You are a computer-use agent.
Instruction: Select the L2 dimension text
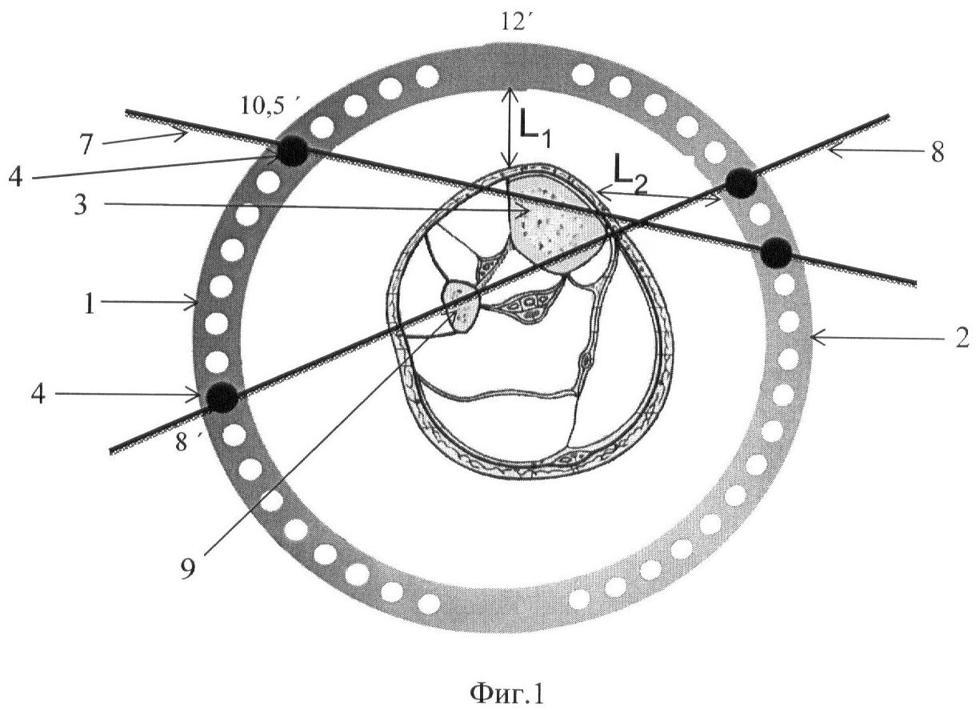(630, 179)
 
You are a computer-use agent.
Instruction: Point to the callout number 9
(187, 570)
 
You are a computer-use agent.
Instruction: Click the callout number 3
(81, 204)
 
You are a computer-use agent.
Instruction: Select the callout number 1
(90, 304)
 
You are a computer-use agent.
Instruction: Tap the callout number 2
(962, 339)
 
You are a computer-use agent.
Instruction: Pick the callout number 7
(86, 144)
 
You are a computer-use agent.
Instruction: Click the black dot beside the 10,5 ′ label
(292, 150)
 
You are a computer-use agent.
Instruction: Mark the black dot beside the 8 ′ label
(222, 397)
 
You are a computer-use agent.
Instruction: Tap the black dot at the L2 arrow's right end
(741, 184)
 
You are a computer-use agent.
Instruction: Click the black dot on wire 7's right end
(776, 253)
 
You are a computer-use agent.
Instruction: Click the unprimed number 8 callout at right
(937, 154)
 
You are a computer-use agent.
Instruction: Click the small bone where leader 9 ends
(462, 306)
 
